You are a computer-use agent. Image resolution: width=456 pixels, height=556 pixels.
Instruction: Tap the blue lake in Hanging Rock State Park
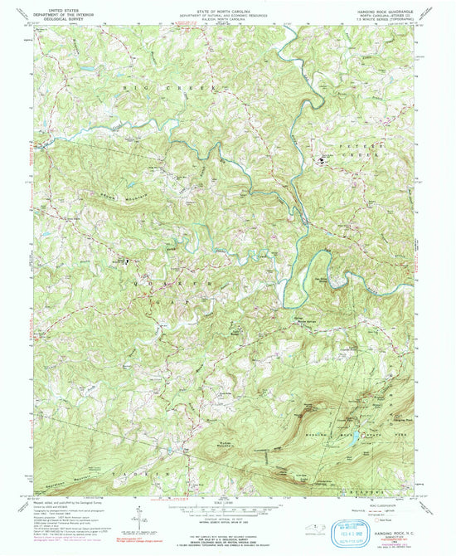coord(355,435)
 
